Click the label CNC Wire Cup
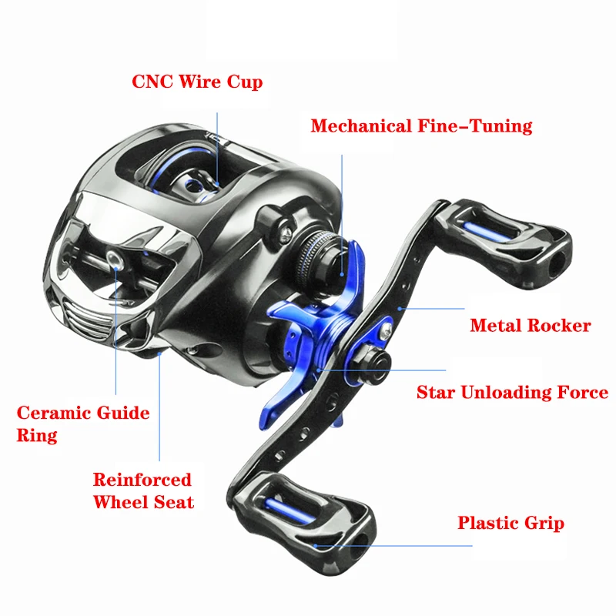(x=197, y=82)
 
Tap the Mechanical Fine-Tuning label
(x=421, y=126)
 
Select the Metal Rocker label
(x=530, y=326)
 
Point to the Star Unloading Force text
(x=512, y=393)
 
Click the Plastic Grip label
(x=511, y=524)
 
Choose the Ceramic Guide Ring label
(x=82, y=423)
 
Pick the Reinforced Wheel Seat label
(x=142, y=490)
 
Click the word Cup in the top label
(x=243, y=82)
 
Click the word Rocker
(x=560, y=326)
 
